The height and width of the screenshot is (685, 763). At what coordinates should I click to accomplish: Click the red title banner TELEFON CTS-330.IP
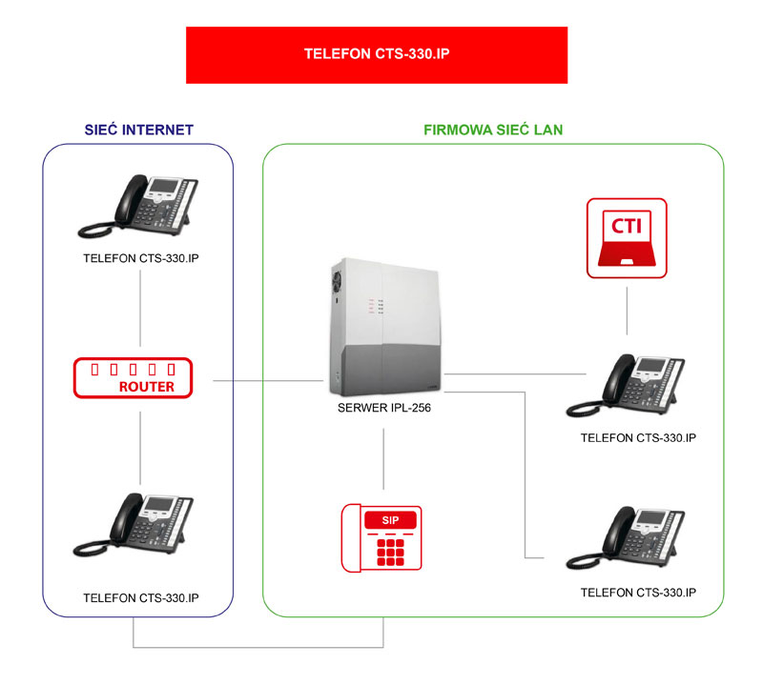[x=377, y=55]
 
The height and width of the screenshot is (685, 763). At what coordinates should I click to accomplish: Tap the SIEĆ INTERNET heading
[x=139, y=130]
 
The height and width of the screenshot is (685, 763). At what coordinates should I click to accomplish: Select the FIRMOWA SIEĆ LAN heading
[x=493, y=130]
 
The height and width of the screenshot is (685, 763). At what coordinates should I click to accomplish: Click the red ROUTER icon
[x=133, y=378]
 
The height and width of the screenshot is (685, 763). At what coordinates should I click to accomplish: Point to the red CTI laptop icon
[x=627, y=238]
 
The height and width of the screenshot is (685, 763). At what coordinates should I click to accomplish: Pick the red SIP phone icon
[x=381, y=537]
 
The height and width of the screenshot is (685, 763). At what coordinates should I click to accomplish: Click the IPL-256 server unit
[x=385, y=327]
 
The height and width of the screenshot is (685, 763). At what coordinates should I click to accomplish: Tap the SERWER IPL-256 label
[x=384, y=408]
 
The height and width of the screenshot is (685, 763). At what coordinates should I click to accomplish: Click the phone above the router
[x=138, y=206]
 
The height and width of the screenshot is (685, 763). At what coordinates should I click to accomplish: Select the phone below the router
[x=134, y=525]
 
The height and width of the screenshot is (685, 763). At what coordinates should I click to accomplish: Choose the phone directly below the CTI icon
[x=626, y=386]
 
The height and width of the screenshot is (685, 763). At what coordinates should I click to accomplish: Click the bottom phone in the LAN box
[x=626, y=537]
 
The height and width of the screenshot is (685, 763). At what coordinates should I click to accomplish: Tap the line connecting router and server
[x=268, y=381]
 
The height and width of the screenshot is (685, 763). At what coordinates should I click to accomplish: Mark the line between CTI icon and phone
[x=627, y=311]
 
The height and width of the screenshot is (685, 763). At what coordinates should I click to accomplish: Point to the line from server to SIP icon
[x=383, y=459]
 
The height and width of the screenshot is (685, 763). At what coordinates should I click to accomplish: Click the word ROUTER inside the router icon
[x=147, y=387]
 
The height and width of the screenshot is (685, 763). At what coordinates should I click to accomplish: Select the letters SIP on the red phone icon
[x=390, y=520]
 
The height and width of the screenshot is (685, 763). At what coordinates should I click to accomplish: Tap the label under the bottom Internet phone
[x=141, y=598]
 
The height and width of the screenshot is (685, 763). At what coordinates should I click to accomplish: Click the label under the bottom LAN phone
[x=638, y=593]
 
